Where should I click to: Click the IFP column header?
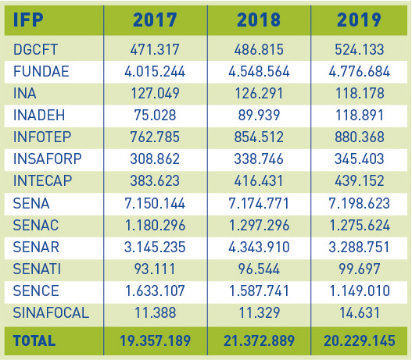click(x=28, y=20)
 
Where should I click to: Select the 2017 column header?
click(x=155, y=20)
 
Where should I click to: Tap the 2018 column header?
click(x=259, y=20)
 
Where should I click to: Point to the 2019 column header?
click(x=359, y=20)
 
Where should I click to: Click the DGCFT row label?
click(x=35, y=49)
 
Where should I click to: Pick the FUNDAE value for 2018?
click(x=259, y=71)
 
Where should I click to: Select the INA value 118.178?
click(x=360, y=93)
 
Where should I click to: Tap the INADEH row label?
click(x=39, y=115)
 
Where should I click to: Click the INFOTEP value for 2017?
click(x=155, y=137)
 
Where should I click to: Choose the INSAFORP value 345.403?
click(x=360, y=159)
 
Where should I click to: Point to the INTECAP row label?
click(x=42, y=180)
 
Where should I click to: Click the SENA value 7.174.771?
click(x=259, y=203)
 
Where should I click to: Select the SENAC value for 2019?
click(x=360, y=225)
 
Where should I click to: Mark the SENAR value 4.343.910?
click(x=259, y=248)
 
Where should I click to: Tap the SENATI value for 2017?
click(x=155, y=269)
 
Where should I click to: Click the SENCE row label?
click(x=36, y=290)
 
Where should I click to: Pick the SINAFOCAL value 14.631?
click(x=360, y=313)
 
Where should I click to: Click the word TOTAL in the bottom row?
click(x=34, y=340)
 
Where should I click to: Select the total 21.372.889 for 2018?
click(x=259, y=340)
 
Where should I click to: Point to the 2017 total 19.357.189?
click(x=155, y=340)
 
